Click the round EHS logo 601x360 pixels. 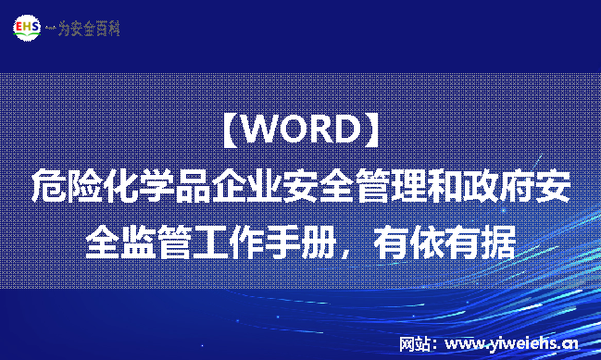26,28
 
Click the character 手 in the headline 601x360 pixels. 282,242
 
